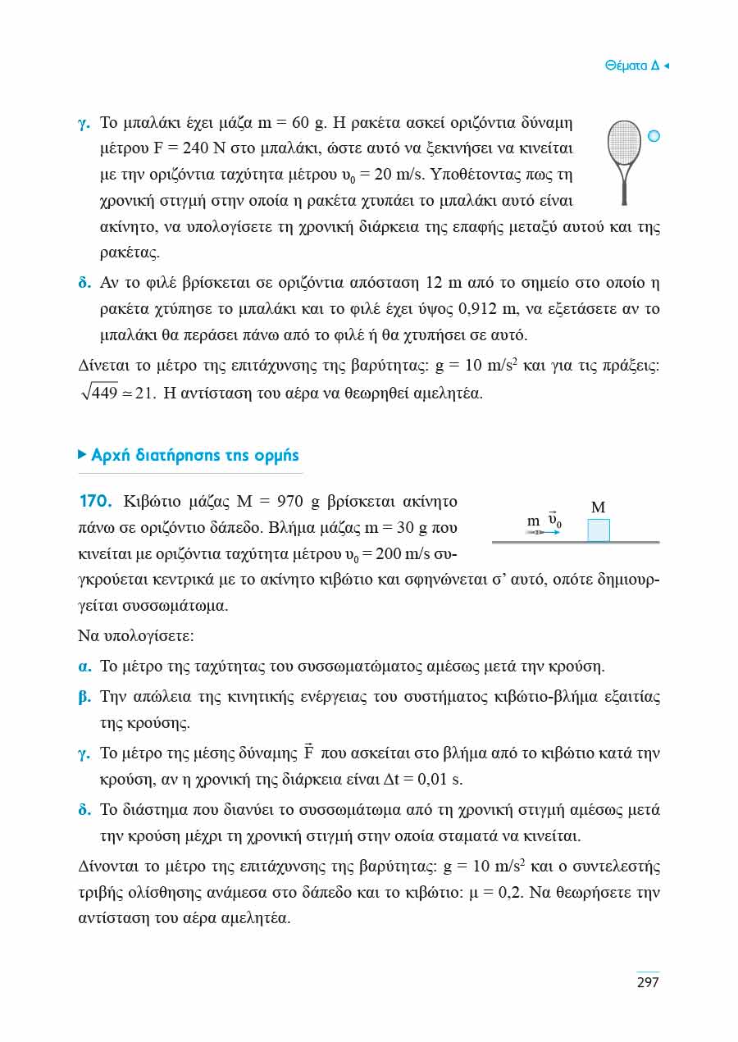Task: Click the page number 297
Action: pyautogui.click(x=648, y=982)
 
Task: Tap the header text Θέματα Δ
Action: pyautogui.click(x=631, y=66)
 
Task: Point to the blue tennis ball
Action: pyautogui.click(x=654, y=136)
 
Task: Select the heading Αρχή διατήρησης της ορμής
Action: pyautogui.click(x=195, y=455)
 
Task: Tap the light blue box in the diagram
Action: pyautogui.click(x=599, y=530)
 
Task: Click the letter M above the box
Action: pyautogui.click(x=598, y=508)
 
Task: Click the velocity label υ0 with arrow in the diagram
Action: pyautogui.click(x=554, y=520)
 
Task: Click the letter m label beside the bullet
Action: pyautogui.click(x=533, y=521)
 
